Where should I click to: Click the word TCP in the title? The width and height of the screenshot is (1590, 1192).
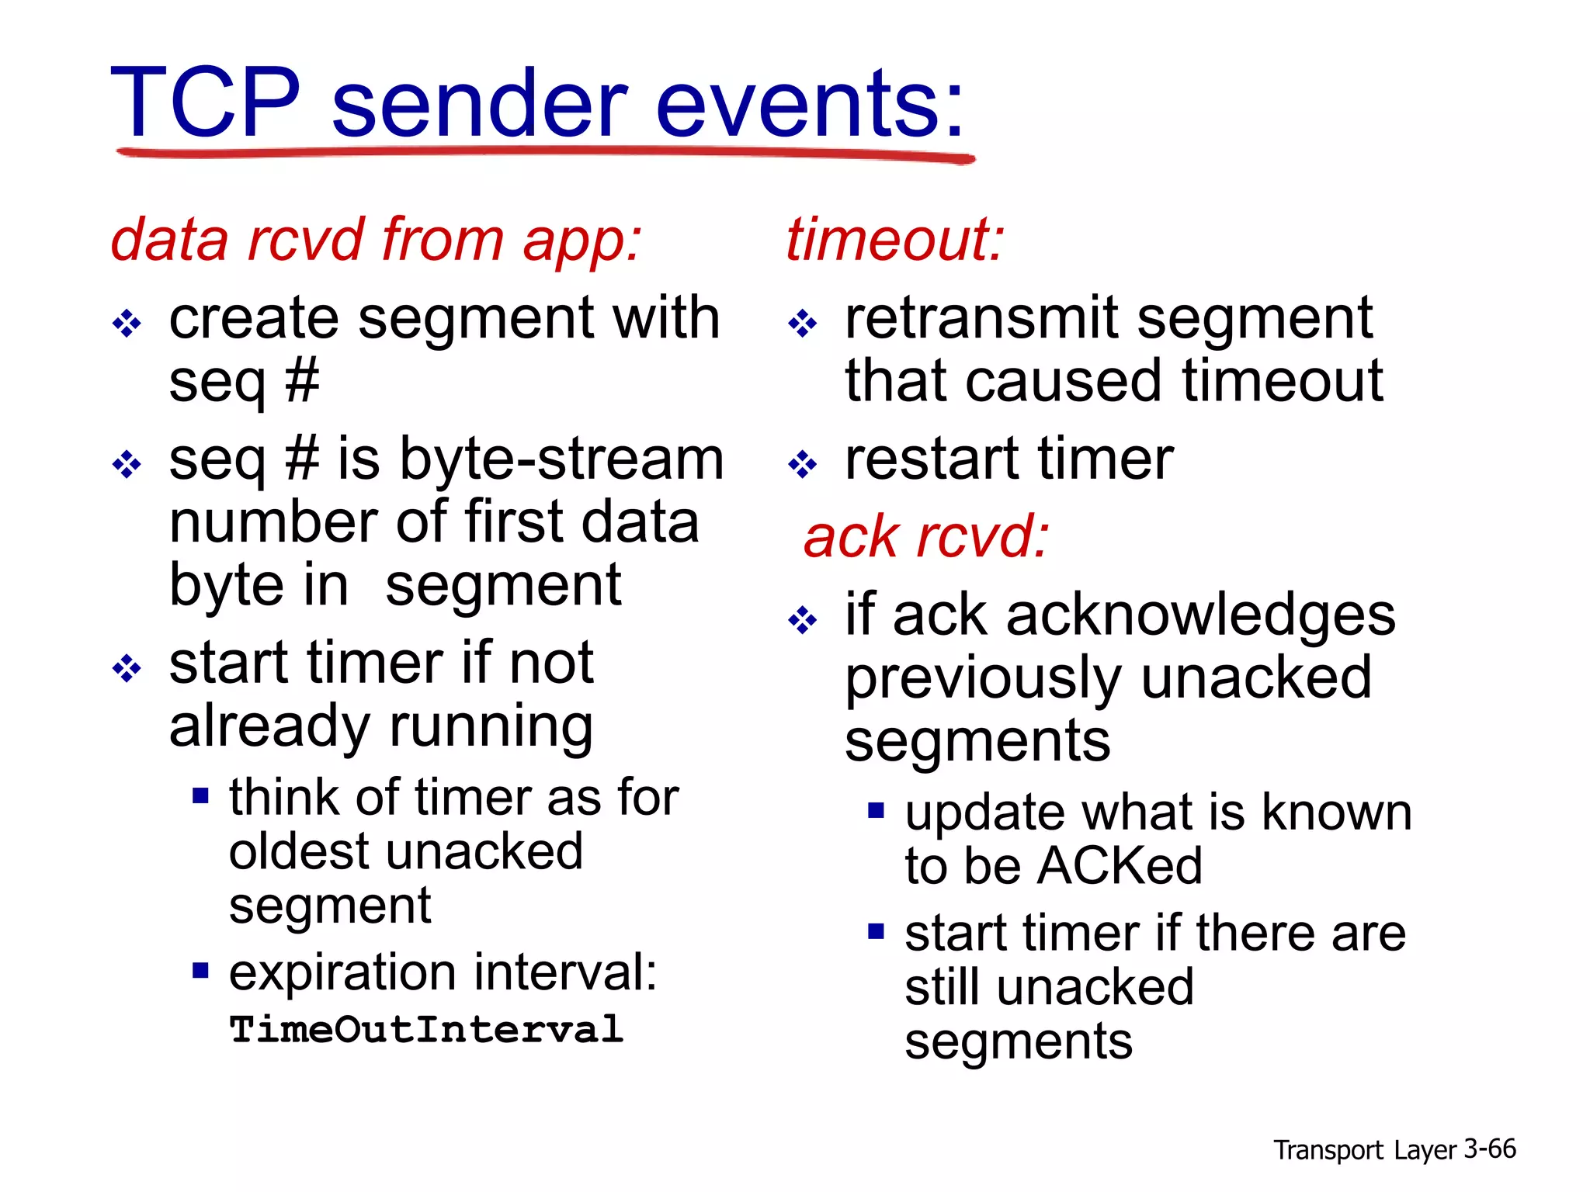pyautogui.click(x=206, y=102)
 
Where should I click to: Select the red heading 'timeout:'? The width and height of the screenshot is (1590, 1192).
pyautogui.click(x=894, y=239)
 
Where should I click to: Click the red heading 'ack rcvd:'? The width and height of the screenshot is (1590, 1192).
pyautogui.click(x=926, y=536)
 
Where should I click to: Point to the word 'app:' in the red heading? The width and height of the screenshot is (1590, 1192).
pyautogui.click(x=582, y=241)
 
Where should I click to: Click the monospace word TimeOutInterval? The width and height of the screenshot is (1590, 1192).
pyautogui.click(x=426, y=1030)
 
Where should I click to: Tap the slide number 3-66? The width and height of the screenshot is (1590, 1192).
pyautogui.click(x=1489, y=1149)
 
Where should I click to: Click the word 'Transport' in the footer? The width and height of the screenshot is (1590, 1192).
pyautogui.click(x=1328, y=1150)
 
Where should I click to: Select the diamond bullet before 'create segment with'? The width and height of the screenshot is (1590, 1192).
pyautogui.click(x=127, y=323)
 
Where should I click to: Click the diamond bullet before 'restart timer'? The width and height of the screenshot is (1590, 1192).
pyautogui.click(x=802, y=465)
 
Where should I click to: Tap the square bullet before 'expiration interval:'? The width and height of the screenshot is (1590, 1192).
pyautogui.click(x=201, y=970)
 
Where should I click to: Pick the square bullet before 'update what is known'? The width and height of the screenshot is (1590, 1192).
pyautogui.click(x=877, y=811)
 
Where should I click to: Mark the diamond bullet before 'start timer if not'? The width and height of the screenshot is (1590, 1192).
pyautogui.click(x=127, y=668)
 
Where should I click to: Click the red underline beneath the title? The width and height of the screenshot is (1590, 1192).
pyautogui.click(x=543, y=154)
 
